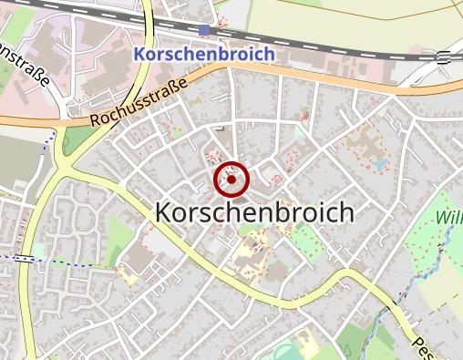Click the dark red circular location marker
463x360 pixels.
[x=231, y=180]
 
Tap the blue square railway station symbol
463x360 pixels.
[x=204, y=30]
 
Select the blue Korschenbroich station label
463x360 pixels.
[x=203, y=55]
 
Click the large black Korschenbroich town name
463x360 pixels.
[x=254, y=211]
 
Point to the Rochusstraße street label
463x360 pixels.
[x=139, y=101]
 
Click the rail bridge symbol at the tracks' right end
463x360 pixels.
[x=444, y=57]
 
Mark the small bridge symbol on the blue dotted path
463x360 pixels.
[x=26, y=259]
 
